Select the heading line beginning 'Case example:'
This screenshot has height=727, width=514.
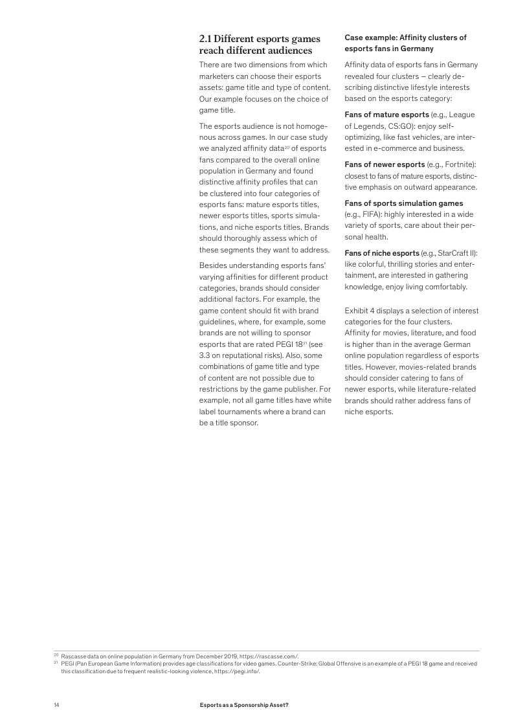(405, 38)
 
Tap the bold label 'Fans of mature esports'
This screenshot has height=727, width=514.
(386, 115)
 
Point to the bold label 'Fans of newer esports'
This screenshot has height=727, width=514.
(385, 164)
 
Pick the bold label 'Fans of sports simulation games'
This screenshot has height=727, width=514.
(403, 203)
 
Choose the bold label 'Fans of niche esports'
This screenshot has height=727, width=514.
(382, 252)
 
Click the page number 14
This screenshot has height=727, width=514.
(56, 704)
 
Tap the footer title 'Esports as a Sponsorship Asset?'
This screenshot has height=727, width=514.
(244, 704)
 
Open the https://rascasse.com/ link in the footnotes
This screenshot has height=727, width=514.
(269, 656)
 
